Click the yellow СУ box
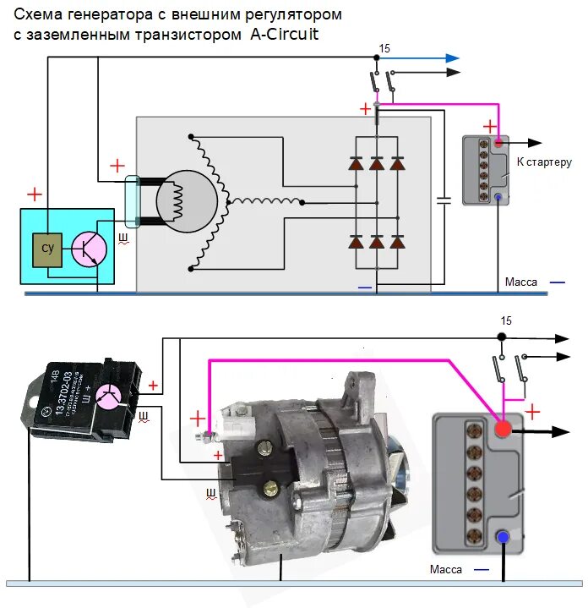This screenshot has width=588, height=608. click(x=47, y=249)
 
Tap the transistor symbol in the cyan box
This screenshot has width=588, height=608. click(x=88, y=248)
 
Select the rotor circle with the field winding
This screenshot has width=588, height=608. click(x=190, y=201)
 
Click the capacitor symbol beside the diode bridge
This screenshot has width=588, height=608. click(x=444, y=200)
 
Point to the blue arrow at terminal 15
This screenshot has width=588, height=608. click(x=453, y=58)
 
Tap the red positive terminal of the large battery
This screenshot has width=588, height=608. click(x=503, y=430)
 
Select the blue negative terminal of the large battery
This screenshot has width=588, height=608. click(x=503, y=536)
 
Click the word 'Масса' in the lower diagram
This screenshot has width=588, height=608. click(x=445, y=569)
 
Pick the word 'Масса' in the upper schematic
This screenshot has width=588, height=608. click(x=520, y=282)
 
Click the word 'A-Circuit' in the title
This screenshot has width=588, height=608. click(x=284, y=35)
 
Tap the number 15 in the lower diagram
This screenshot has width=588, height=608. click(x=506, y=321)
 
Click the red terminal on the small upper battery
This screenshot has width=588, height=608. click(x=498, y=142)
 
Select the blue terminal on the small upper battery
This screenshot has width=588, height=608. click(x=498, y=198)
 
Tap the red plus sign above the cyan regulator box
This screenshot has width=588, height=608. click(x=34, y=195)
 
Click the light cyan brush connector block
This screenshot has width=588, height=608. click(x=133, y=201)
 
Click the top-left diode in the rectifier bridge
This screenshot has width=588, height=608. click(x=356, y=164)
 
